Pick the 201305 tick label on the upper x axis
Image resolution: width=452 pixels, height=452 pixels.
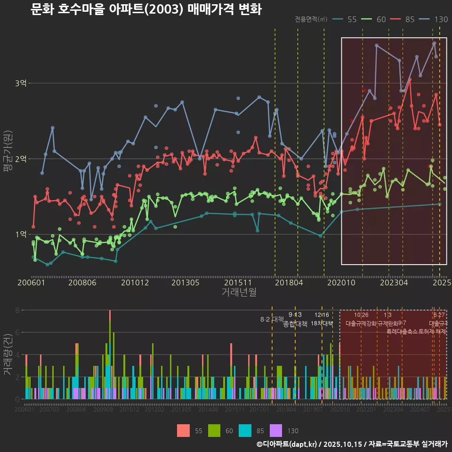[x=185, y=283]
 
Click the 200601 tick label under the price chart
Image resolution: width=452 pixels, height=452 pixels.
[x=31, y=283]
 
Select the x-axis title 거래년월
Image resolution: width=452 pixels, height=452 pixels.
[x=239, y=292]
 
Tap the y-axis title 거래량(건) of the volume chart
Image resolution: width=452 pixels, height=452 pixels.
[x=7, y=354]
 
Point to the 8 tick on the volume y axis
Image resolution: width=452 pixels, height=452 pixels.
[x=17, y=310]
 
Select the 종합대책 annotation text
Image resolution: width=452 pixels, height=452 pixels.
[x=295, y=324]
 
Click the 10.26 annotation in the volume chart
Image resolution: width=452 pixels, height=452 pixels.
[x=361, y=315]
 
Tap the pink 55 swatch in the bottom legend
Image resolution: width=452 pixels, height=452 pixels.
[x=184, y=430]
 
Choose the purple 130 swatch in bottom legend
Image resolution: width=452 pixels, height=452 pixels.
[x=276, y=430]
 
